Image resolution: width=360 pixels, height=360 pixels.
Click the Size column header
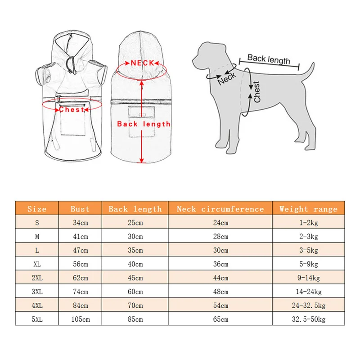[x=37, y=209]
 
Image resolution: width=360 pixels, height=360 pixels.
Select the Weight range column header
[x=308, y=209]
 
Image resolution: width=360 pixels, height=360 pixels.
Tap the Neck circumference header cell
[x=220, y=209]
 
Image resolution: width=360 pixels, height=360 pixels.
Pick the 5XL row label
[x=37, y=319]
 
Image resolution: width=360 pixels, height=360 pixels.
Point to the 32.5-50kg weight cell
[x=308, y=319]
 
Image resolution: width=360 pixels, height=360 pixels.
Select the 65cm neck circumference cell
[x=220, y=319]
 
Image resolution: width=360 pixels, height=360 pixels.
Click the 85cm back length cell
[x=135, y=319]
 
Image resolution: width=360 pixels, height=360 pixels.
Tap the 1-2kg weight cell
[x=308, y=223]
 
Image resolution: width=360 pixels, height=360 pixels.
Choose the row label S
[x=37, y=223]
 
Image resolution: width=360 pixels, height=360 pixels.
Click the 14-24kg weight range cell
[x=308, y=292]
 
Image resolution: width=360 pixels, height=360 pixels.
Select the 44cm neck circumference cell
[x=220, y=278]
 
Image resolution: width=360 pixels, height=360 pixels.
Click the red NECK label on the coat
[x=143, y=63]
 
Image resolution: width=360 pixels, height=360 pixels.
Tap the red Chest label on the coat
[x=72, y=109]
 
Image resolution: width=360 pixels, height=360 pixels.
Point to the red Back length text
[x=144, y=124]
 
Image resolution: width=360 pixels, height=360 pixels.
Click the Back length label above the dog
[x=269, y=58]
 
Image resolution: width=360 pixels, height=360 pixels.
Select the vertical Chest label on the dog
[x=257, y=92]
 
